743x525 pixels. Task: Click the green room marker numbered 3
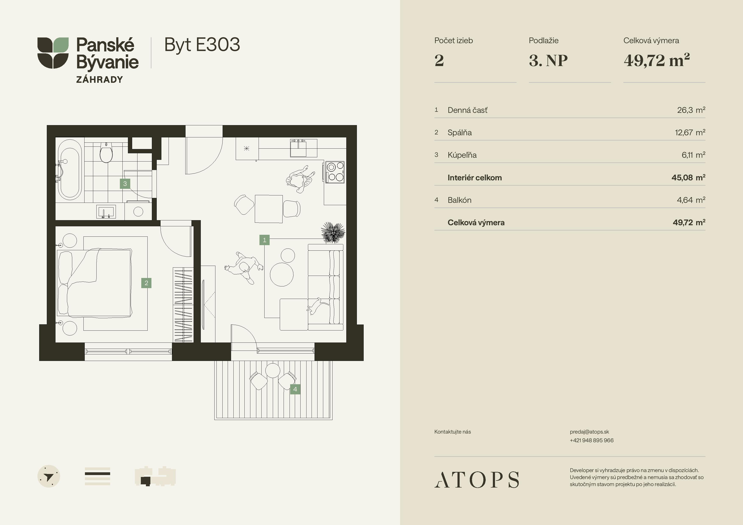[x=125, y=184]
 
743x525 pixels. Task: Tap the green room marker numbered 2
[x=146, y=283]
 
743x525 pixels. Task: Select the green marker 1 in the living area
[x=264, y=240]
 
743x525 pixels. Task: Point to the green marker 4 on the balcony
[x=295, y=389]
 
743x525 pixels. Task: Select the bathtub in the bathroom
[x=69, y=170]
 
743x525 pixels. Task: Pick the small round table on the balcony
[x=272, y=370]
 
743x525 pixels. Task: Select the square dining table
[x=269, y=209]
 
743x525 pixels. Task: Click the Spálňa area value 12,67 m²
[x=690, y=132]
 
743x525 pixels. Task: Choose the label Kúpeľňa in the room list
[x=462, y=155]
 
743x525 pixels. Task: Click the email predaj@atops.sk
[x=589, y=432]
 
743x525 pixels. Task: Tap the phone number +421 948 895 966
[x=592, y=440]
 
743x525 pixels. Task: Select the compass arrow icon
[x=49, y=477]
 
